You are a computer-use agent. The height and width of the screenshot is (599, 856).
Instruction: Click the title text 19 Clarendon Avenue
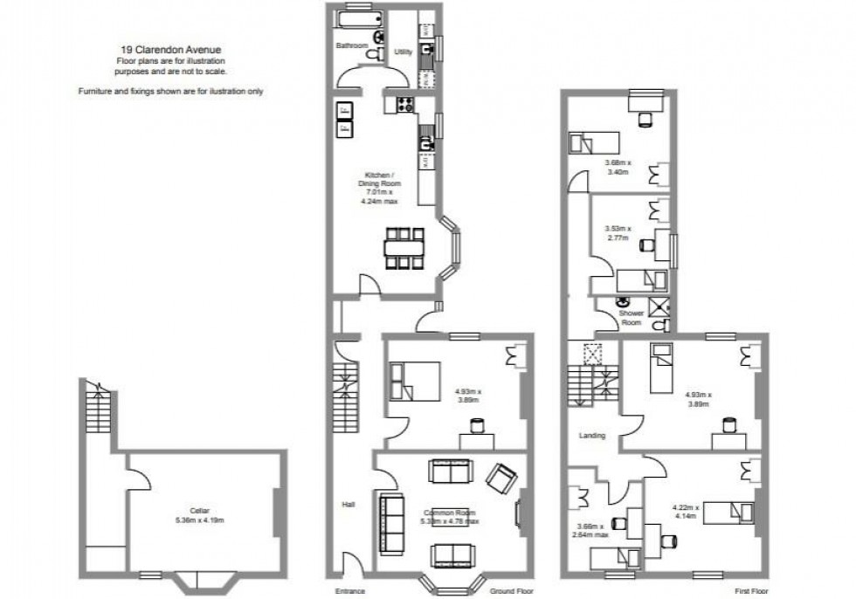[x=171, y=51]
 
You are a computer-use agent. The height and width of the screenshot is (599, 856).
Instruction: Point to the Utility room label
[x=403, y=52]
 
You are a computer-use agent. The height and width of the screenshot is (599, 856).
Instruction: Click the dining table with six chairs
[x=404, y=247]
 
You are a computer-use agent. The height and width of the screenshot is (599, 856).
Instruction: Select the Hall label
[x=349, y=505]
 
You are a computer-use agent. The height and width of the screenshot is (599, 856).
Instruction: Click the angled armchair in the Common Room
[x=501, y=477]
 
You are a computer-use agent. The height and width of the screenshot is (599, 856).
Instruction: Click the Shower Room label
[x=631, y=317]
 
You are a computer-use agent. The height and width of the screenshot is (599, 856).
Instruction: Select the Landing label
[x=592, y=434]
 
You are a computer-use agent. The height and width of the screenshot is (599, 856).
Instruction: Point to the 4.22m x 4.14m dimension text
[x=689, y=512]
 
